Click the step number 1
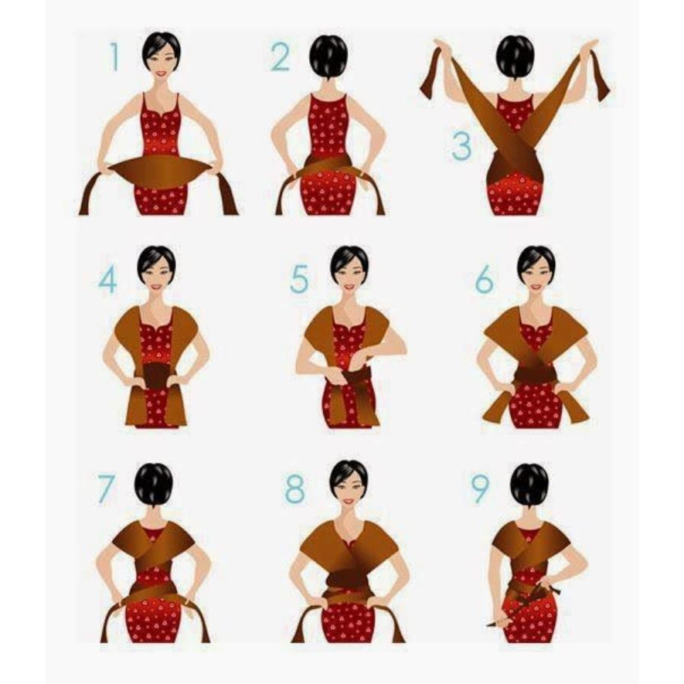(x=114, y=56)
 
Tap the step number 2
(x=280, y=57)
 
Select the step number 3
(x=461, y=145)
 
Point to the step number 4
(x=107, y=280)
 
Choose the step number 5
(x=299, y=279)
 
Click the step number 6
(x=484, y=279)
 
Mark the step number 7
(x=106, y=488)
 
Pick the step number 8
(x=295, y=488)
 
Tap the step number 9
(x=481, y=488)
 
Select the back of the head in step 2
(x=328, y=56)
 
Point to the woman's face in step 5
(x=349, y=275)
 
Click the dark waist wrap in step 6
(x=536, y=374)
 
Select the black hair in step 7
(x=154, y=484)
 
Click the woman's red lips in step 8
(x=349, y=502)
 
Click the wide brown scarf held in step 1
(x=161, y=172)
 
